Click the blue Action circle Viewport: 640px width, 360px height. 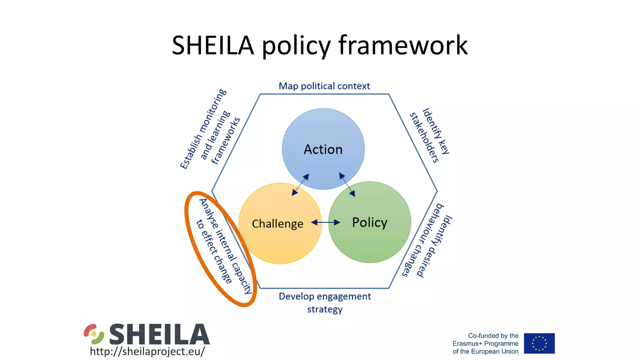(x=323, y=137)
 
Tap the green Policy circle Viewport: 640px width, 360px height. (x=370, y=241)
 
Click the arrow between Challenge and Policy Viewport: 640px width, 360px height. (x=326, y=222)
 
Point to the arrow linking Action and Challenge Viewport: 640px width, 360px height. (x=300, y=185)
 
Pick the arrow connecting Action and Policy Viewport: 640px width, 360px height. (x=347, y=185)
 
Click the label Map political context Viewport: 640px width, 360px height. (x=324, y=86)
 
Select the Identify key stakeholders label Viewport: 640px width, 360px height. (x=430, y=136)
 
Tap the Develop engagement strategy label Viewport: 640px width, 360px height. (x=325, y=302)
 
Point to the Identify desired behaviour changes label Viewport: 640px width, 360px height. (x=427, y=241)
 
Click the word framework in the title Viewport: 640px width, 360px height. (x=403, y=45)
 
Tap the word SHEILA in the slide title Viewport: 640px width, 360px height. (x=212, y=45)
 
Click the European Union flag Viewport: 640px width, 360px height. (x=539, y=343)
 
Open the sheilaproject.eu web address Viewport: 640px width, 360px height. (x=147, y=351)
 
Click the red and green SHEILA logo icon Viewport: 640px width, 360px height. (x=94, y=334)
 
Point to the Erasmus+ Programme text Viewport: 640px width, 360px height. (x=485, y=343)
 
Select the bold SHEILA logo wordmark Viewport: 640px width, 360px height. (x=159, y=334)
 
